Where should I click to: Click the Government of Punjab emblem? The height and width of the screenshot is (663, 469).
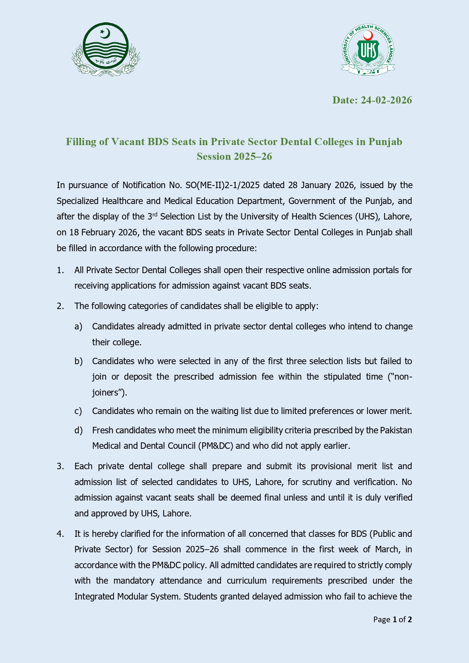pyautogui.click(x=106, y=49)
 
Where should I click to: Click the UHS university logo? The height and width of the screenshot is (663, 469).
pyautogui.click(x=368, y=50)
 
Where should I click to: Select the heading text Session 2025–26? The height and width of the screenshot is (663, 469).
pyautogui.click(x=234, y=156)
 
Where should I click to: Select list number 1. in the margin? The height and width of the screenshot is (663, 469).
pyautogui.click(x=61, y=270)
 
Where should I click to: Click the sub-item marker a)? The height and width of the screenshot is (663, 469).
pyautogui.click(x=78, y=326)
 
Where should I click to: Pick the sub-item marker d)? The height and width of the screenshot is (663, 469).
pyautogui.click(x=78, y=430)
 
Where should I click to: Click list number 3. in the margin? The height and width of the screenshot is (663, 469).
pyautogui.click(x=61, y=466)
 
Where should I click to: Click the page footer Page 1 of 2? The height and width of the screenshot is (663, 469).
pyautogui.click(x=392, y=620)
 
